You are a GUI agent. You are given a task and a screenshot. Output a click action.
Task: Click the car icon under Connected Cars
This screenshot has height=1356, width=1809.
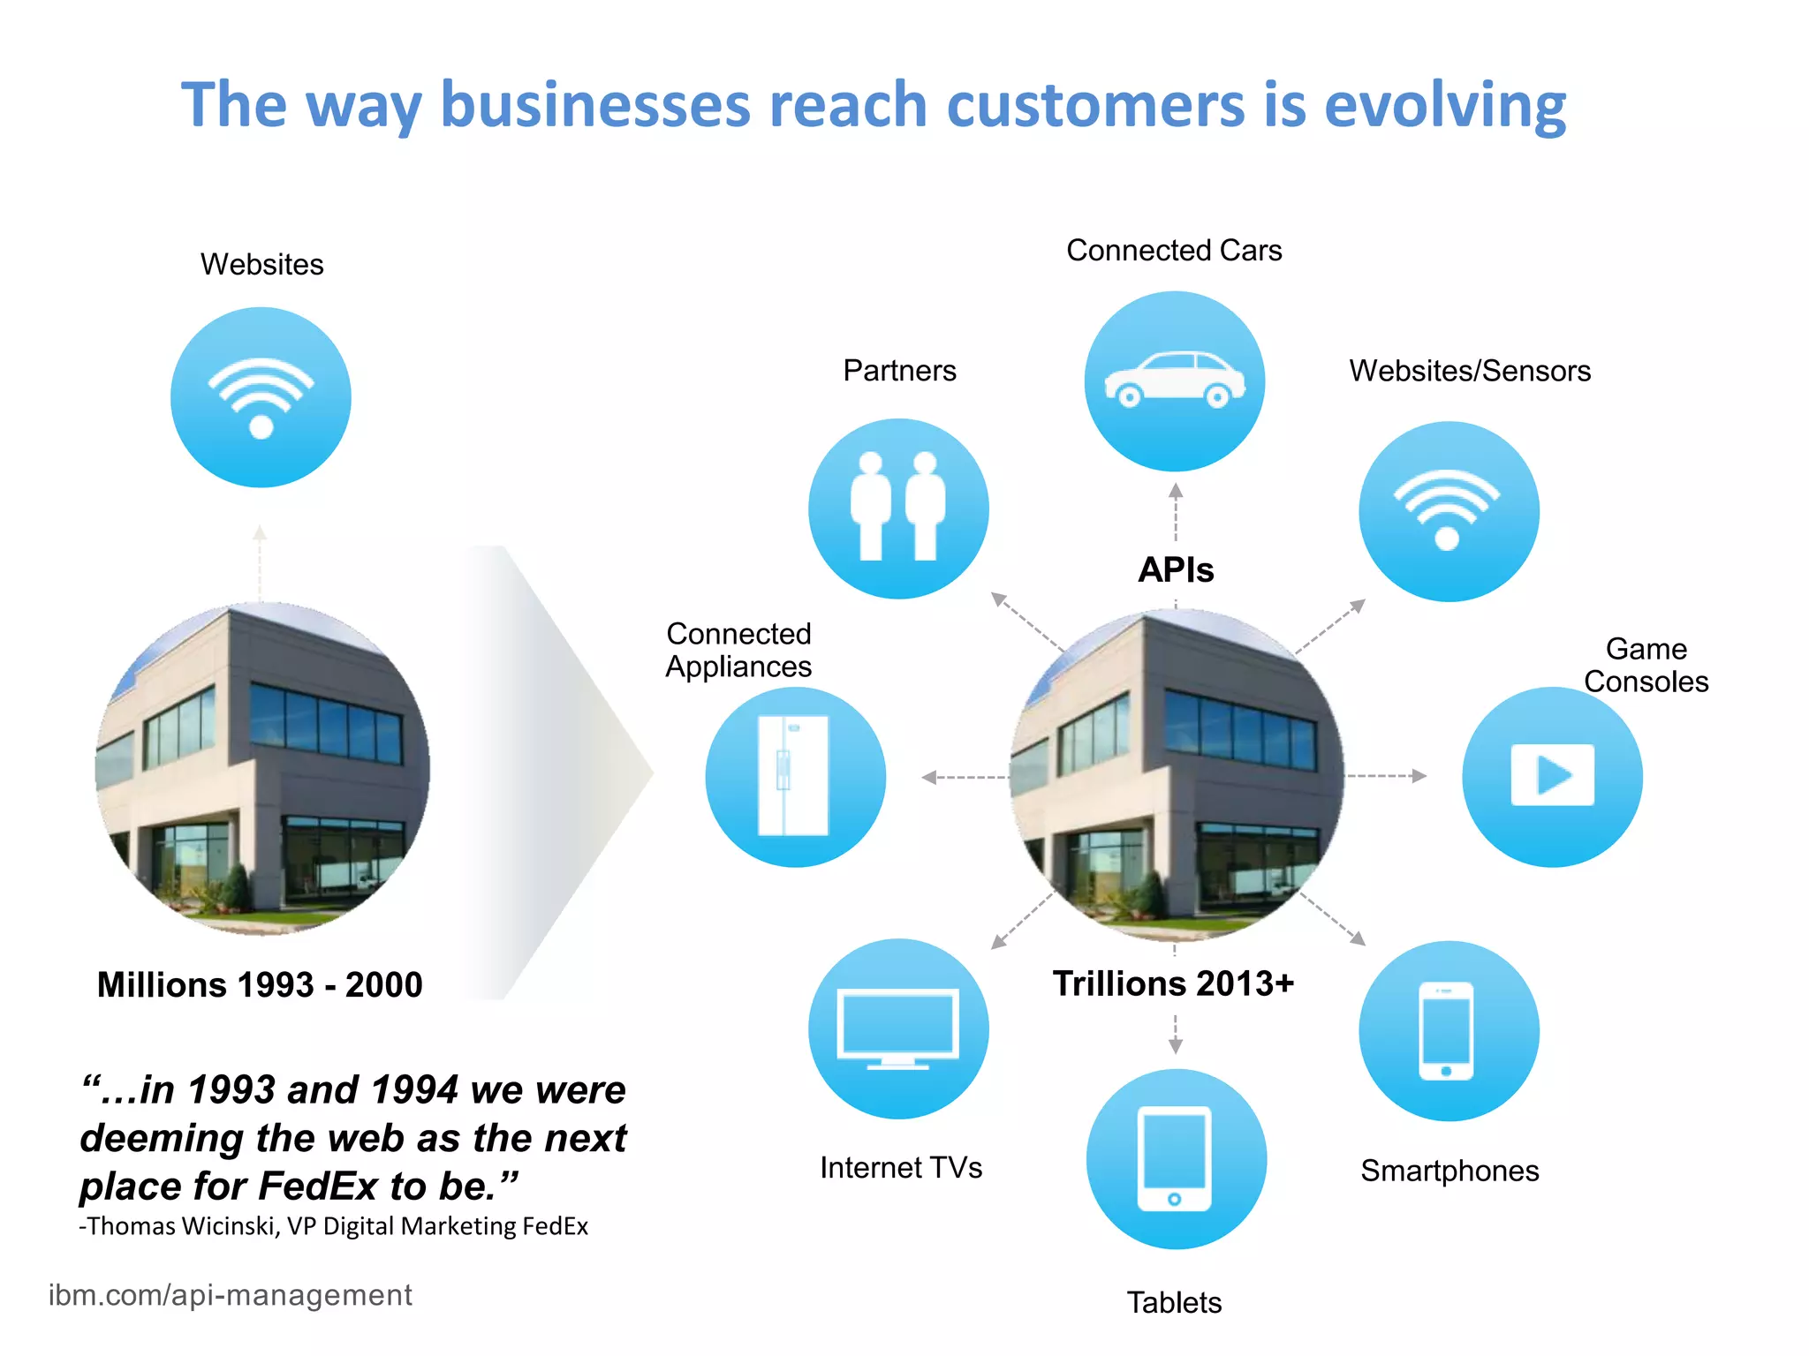coord(1175,380)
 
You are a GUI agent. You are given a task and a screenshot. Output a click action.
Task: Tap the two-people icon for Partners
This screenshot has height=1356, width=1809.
coord(898,508)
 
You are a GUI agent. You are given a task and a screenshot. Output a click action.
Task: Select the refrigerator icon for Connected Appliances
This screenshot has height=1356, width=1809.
coord(794,776)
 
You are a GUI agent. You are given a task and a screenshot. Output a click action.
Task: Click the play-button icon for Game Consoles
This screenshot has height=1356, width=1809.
coord(1552,776)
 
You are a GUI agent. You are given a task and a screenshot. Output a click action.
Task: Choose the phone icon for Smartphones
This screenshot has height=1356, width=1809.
coord(1447,1030)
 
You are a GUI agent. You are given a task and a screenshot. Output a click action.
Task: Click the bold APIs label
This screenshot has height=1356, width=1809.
coord(1176,570)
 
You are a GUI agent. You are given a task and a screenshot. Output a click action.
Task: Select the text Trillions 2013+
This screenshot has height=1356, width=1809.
coord(1173,983)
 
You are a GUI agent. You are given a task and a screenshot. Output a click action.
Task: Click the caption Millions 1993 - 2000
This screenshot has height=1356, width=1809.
coord(260,985)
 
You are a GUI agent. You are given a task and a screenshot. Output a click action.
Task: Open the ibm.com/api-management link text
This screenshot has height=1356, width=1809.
coord(230,1295)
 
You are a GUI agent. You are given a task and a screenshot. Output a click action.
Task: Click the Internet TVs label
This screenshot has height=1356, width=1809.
coord(901,1168)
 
